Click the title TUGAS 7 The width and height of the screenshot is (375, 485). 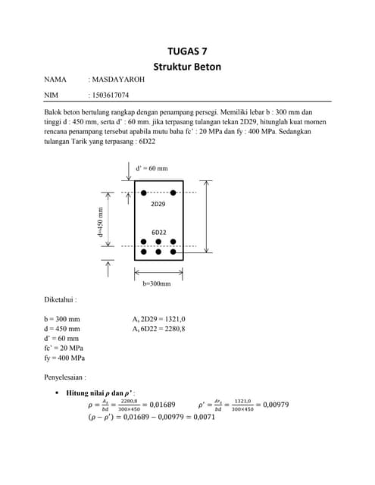[187, 52]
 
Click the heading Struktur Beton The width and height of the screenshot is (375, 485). [187, 67]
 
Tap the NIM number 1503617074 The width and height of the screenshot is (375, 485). [110, 95]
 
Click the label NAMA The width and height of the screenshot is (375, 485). [55, 79]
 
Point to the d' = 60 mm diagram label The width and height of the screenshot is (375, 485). [152, 167]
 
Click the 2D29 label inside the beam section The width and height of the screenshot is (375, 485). [158, 205]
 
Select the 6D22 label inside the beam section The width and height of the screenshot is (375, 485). [158, 232]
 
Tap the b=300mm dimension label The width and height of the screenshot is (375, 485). [157, 283]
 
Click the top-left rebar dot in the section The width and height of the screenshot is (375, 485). [144, 193]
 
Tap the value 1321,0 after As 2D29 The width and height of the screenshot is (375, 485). [175, 319]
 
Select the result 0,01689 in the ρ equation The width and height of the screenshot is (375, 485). [160, 405]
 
